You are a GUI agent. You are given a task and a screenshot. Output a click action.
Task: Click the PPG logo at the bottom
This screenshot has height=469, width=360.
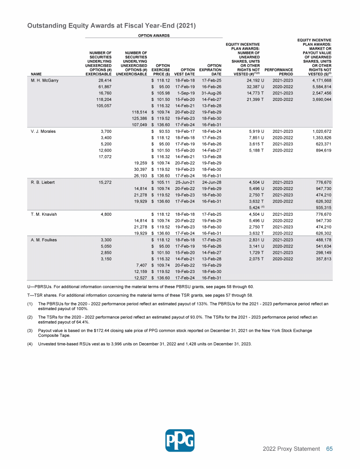(180, 440)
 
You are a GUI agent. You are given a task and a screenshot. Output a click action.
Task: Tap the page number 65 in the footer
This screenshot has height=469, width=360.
(329, 449)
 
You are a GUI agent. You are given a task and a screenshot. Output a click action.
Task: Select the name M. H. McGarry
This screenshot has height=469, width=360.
(43, 81)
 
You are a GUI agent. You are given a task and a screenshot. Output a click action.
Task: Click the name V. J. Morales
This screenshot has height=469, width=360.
(42, 131)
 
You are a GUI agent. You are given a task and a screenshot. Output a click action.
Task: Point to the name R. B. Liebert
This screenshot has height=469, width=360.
(41, 182)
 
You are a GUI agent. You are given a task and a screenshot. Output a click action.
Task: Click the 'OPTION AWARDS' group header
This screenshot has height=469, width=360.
(153, 36)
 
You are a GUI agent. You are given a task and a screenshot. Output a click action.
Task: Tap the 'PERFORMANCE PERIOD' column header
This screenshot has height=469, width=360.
(283, 71)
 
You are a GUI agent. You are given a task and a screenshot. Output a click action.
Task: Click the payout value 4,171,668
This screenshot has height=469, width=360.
(320, 81)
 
